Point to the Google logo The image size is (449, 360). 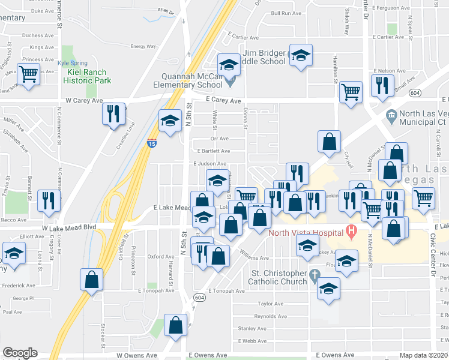pyautogui.click(x=20, y=353)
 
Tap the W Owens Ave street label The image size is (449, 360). pyautogui.click(x=139, y=355)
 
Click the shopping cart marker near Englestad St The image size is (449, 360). pyautogui.click(x=28, y=74)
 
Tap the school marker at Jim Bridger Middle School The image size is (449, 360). pyautogui.click(x=301, y=55)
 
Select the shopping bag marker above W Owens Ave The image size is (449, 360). pyautogui.click(x=176, y=326)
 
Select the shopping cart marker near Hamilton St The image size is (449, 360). pyautogui.click(x=351, y=92)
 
